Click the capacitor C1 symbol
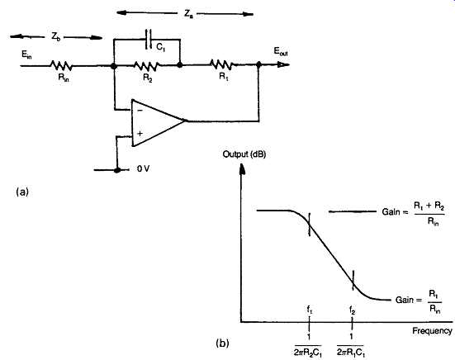click(149, 39)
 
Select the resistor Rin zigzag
click(61, 65)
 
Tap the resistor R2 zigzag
click(146, 66)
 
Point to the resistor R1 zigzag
click(221, 64)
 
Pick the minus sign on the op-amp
click(140, 111)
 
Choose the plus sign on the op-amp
click(140, 134)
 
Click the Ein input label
click(26, 54)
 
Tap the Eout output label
click(281, 52)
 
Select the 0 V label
click(143, 168)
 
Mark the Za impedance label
click(188, 14)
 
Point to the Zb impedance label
click(55, 37)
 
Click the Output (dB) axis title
click(244, 154)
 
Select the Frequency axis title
click(432, 331)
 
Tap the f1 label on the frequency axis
click(310, 310)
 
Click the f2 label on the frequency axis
click(353, 310)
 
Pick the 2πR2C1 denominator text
click(308, 353)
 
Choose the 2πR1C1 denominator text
click(351, 353)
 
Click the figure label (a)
click(22, 192)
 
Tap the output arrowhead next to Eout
click(283, 64)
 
